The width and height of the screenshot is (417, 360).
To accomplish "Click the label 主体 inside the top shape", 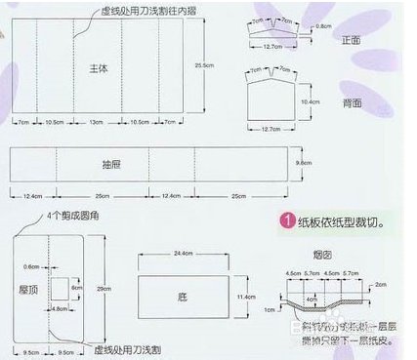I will pyautogui.click(x=99, y=69).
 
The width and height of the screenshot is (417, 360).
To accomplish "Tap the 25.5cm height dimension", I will pyautogui.click(x=204, y=65).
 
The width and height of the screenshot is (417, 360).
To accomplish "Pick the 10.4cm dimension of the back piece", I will pyautogui.click(x=311, y=101).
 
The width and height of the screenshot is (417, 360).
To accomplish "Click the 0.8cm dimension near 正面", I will pyautogui.click(x=324, y=27).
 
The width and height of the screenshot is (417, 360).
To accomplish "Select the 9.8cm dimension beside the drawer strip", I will pyautogui.click(x=303, y=164).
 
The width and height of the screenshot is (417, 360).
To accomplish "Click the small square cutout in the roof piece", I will pyautogui.click(x=58, y=288).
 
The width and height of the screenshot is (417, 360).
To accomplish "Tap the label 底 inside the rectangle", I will pyautogui.click(x=184, y=293).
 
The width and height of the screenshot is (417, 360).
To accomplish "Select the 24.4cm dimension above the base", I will pyautogui.click(x=183, y=253).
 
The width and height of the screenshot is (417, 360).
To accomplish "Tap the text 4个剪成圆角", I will pyautogui.click(x=68, y=215).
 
